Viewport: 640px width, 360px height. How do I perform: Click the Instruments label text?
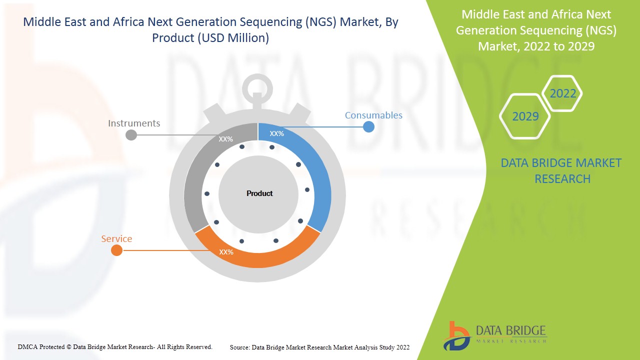(134, 123)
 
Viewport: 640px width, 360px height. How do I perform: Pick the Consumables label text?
(373, 115)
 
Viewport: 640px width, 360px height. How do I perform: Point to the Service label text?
(116, 238)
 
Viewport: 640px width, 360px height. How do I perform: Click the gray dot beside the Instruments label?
(131, 135)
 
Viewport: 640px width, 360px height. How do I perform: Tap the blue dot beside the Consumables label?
(368, 126)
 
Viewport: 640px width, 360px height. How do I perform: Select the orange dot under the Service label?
(116, 250)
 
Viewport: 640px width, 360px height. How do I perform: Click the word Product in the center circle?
(259, 193)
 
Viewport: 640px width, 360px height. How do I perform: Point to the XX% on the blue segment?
(276, 133)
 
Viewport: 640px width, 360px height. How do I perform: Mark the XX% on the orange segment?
(226, 252)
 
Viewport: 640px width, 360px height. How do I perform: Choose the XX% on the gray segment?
(225, 139)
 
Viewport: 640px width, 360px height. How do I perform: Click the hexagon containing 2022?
(562, 93)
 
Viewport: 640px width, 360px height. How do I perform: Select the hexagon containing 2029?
(525, 116)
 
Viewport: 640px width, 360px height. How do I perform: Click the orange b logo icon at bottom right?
(456, 336)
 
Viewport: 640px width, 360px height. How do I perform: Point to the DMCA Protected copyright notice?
(115, 346)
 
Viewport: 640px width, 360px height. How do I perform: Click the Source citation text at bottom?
(319, 347)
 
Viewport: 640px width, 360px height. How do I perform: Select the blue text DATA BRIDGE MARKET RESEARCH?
(562, 170)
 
